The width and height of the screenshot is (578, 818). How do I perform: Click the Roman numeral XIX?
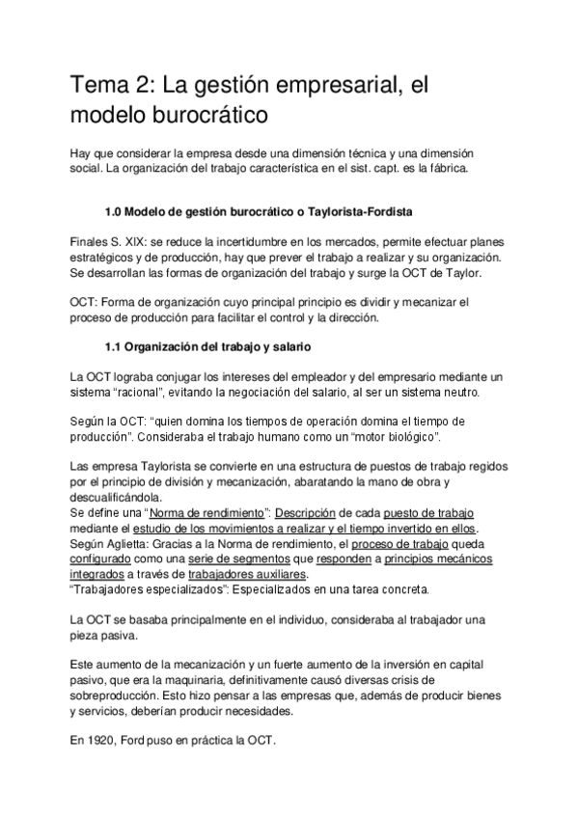(133, 240)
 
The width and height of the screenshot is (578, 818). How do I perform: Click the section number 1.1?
(115, 345)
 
